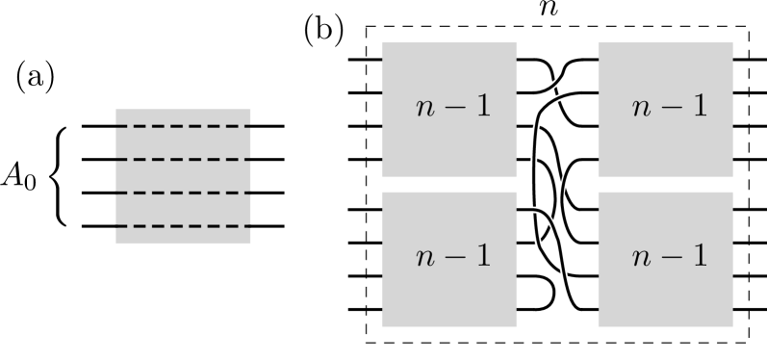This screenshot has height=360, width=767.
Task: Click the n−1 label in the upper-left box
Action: point(453,107)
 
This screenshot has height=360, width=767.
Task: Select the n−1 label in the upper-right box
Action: point(670,107)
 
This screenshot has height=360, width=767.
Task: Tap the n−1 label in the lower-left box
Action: point(453,256)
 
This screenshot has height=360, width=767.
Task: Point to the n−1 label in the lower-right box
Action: point(670,256)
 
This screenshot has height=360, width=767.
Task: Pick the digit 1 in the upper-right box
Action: point(700,106)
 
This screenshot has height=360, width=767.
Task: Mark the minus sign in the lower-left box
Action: point(453,257)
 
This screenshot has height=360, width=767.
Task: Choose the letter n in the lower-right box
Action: point(641,258)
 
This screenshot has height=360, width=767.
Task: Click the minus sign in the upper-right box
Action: point(670,108)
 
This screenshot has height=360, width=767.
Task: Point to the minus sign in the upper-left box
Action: point(453,108)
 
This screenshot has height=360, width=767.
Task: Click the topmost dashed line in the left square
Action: point(183,125)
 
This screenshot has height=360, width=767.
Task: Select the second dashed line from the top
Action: point(183,159)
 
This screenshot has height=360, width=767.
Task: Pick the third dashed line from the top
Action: point(183,193)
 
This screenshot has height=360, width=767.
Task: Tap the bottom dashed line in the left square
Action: point(183,226)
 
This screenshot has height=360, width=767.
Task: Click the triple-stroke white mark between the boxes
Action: point(555,90)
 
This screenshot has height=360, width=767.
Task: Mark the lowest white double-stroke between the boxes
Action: point(564,272)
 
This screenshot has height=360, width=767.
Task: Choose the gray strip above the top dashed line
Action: point(183,116)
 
